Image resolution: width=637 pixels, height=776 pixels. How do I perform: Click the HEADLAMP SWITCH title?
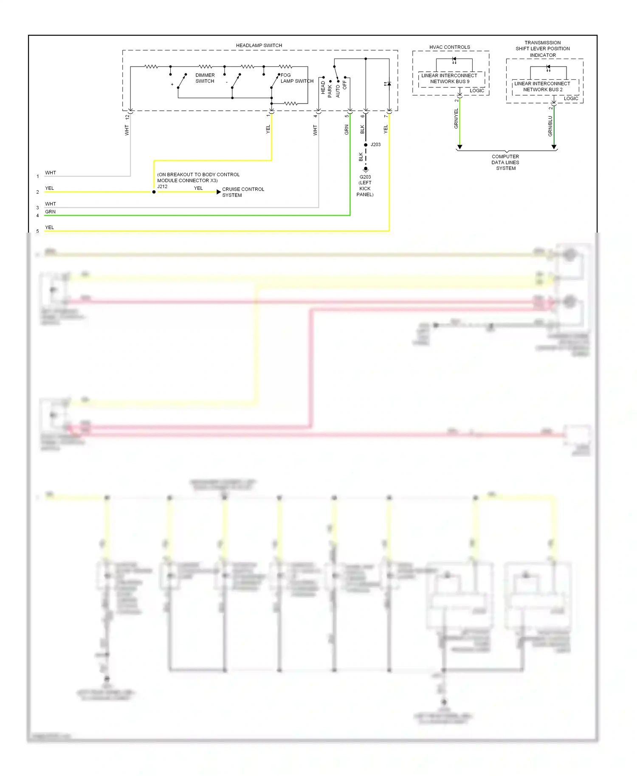point(259,45)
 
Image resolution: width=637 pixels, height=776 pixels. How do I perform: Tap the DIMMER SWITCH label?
point(205,78)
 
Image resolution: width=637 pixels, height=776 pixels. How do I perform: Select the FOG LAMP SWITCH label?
point(296,78)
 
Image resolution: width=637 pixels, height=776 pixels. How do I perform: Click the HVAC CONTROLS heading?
point(449,47)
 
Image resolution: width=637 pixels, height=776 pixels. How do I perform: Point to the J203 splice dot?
point(366,145)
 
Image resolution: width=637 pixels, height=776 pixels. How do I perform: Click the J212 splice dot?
point(154,192)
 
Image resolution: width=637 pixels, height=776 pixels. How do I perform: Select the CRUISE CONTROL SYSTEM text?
point(243,192)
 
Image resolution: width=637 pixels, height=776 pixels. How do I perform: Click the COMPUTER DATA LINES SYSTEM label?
point(505,162)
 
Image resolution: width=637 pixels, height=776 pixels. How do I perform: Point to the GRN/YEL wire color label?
point(456,119)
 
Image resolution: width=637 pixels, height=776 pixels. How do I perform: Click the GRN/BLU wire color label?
point(550,126)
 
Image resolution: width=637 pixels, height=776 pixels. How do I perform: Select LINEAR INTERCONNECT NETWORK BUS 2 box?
point(542,87)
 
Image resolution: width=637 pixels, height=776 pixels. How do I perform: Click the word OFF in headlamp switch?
point(344,85)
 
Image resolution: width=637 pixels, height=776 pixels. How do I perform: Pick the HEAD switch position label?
point(323,88)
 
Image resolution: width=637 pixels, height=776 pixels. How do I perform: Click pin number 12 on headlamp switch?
point(127,117)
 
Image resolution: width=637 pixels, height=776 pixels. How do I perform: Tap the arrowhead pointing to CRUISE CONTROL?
point(218,192)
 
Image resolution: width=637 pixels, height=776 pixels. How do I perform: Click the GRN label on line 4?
point(50,211)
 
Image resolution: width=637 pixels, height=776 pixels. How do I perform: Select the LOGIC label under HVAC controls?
point(476,90)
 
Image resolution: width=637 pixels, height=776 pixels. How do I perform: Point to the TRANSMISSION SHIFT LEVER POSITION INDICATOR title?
point(542,49)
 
